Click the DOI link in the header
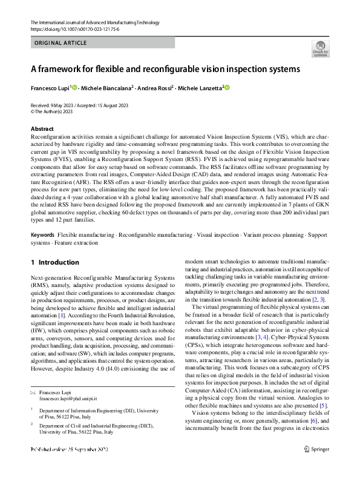74,29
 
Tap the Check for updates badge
320,48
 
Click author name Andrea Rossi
156,88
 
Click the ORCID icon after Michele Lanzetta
228,88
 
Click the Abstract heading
42,129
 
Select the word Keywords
43,234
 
